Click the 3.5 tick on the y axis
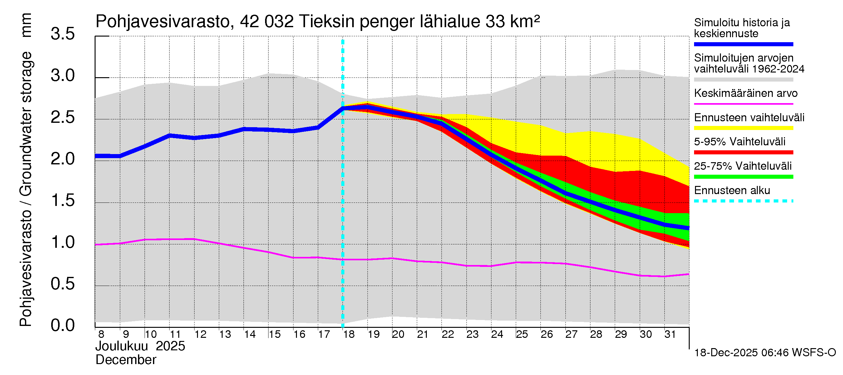[62, 34]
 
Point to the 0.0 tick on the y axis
[62, 326]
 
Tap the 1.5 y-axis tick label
[62, 201]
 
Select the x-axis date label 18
[349, 334]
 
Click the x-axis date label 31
[670, 334]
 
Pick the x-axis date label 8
[101, 334]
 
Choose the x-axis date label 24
[497, 334]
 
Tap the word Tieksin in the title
[326, 22]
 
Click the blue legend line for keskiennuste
[743, 44]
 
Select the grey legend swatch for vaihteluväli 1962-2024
[743, 80]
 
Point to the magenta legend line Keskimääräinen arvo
[743, 104]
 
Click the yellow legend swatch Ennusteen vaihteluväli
[743, 128]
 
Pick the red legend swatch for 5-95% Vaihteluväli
[743, 152]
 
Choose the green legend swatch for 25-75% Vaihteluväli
[743, 177]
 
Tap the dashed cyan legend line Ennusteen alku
[743, 201]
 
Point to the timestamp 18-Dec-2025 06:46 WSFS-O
[765, 353]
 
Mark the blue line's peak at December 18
[343, 108]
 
